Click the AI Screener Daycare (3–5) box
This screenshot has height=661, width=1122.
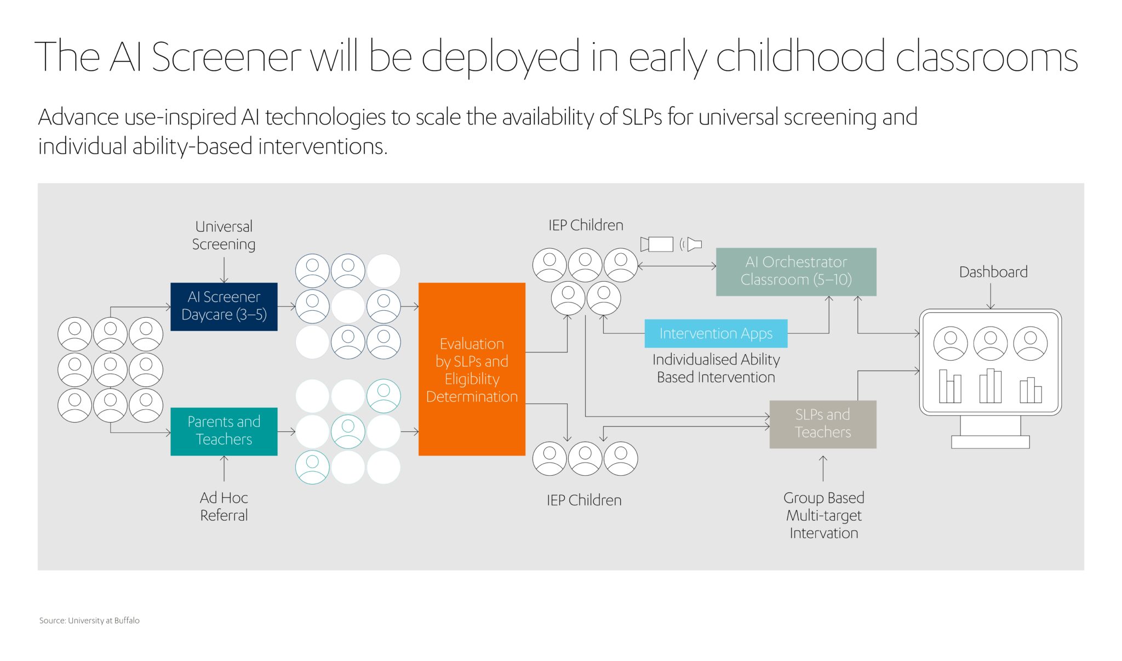click(224, 306)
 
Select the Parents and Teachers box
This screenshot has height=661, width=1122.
click(224, 431)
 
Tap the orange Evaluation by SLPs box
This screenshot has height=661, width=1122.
click(472, 369)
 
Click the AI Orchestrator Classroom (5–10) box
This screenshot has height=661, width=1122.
click(796, 271)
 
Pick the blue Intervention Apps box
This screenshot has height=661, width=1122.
click(715, 333)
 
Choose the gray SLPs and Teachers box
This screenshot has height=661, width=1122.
click(822, 424)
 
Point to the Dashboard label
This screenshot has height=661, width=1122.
click(993, 272)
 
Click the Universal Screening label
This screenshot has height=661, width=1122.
click(224, 235)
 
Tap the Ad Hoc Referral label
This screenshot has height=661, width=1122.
click(224, 506)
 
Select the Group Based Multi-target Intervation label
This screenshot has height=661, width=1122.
click(823, 515)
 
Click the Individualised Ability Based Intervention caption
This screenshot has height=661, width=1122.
click(715, 368)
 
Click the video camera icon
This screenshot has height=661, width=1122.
click(657, 244)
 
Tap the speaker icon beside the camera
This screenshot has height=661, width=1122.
click(692, 244)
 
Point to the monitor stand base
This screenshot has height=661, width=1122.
click(990, 442)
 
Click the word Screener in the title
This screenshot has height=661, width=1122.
click(226, 57)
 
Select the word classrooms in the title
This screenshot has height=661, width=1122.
click(986, 57)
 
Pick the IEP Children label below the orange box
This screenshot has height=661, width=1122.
click(584, 500)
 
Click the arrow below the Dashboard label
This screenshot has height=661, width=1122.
click(991, 296)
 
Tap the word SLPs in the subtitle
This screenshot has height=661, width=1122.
click(642, 117)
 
